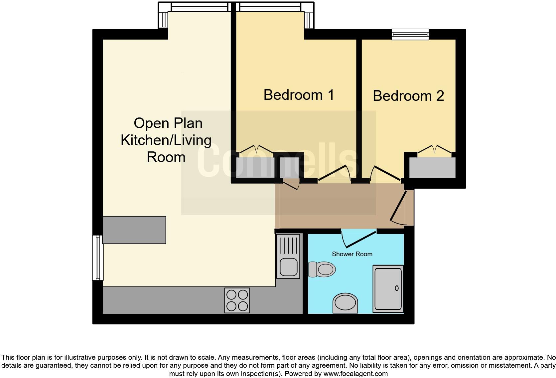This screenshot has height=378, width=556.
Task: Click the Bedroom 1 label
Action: tap(298, 95)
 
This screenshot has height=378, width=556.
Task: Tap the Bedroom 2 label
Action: tap(408, 96)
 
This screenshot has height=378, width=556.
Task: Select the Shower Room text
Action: tap(352, 254)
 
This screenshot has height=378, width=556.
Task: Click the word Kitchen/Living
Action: tap(166, 140)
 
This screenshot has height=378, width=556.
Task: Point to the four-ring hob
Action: tap(237, 300)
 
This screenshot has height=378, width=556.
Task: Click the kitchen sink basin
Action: tap(288, 266)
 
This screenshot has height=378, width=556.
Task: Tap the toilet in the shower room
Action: tap(322, 269)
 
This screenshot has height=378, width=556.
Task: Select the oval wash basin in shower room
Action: tap(345, 303)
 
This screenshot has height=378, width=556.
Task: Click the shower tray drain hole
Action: tap(396, 288)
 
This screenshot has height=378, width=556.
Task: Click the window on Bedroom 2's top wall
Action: tap(410, 34)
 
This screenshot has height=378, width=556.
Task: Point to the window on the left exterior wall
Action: tap(97, 258)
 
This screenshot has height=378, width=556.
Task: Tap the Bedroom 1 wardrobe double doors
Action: tap(256, 149)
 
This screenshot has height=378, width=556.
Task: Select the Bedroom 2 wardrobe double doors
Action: tap(434, 149)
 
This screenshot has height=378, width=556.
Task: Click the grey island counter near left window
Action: tap(134, 230)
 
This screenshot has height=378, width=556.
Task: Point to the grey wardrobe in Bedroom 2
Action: tap(432, 168)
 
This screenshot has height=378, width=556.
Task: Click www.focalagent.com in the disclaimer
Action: tap(355, 374)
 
